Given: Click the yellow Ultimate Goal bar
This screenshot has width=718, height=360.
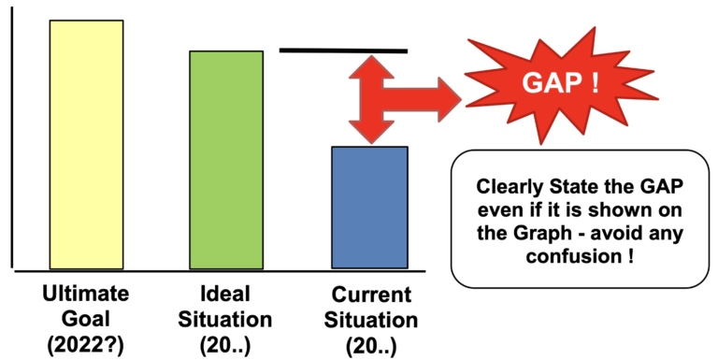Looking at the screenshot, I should pos(86,145).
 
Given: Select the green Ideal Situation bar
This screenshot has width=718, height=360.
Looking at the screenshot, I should pos(226,160).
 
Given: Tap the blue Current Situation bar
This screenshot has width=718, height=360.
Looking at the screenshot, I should pos(370,208).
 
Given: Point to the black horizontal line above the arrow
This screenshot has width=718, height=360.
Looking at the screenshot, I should pos(343,50).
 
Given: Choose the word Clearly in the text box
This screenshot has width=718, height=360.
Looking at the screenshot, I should pos(512,187).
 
